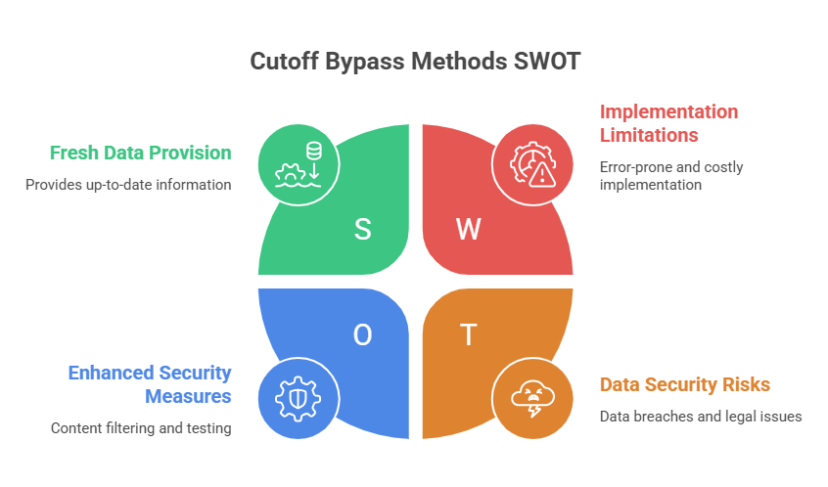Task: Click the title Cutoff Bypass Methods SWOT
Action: [x=414, y=62]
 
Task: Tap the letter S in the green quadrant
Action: [x=362, y=230]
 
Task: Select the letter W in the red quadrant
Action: [x=469, y=230]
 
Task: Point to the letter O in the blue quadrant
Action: [x=362, y=335]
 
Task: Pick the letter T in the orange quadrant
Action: [x=469, y=335]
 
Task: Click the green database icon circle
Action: [x=297, y=162]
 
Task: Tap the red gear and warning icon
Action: [x=530, y=162]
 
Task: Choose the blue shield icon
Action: [x=297, y=399]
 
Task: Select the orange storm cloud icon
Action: [x=530, y=399]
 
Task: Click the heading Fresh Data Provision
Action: [x=141, y=154]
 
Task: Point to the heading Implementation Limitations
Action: [x=667, y=123]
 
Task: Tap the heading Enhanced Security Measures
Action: [x=149, y=384]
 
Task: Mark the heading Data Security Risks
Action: [x=684, y=384]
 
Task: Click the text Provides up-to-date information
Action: [x=128, y=184]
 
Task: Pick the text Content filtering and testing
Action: [x=141, y=427]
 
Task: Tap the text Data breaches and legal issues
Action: [x=701, y=417]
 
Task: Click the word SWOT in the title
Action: [x=546, y=62]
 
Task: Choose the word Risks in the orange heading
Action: [x=747, y=384]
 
